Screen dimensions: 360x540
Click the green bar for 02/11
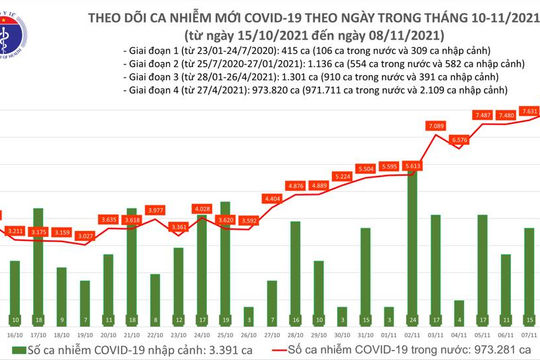tap(412, 250)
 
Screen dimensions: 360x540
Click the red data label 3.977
tap(155, 210)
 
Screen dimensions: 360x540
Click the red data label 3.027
tap(86, 236)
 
